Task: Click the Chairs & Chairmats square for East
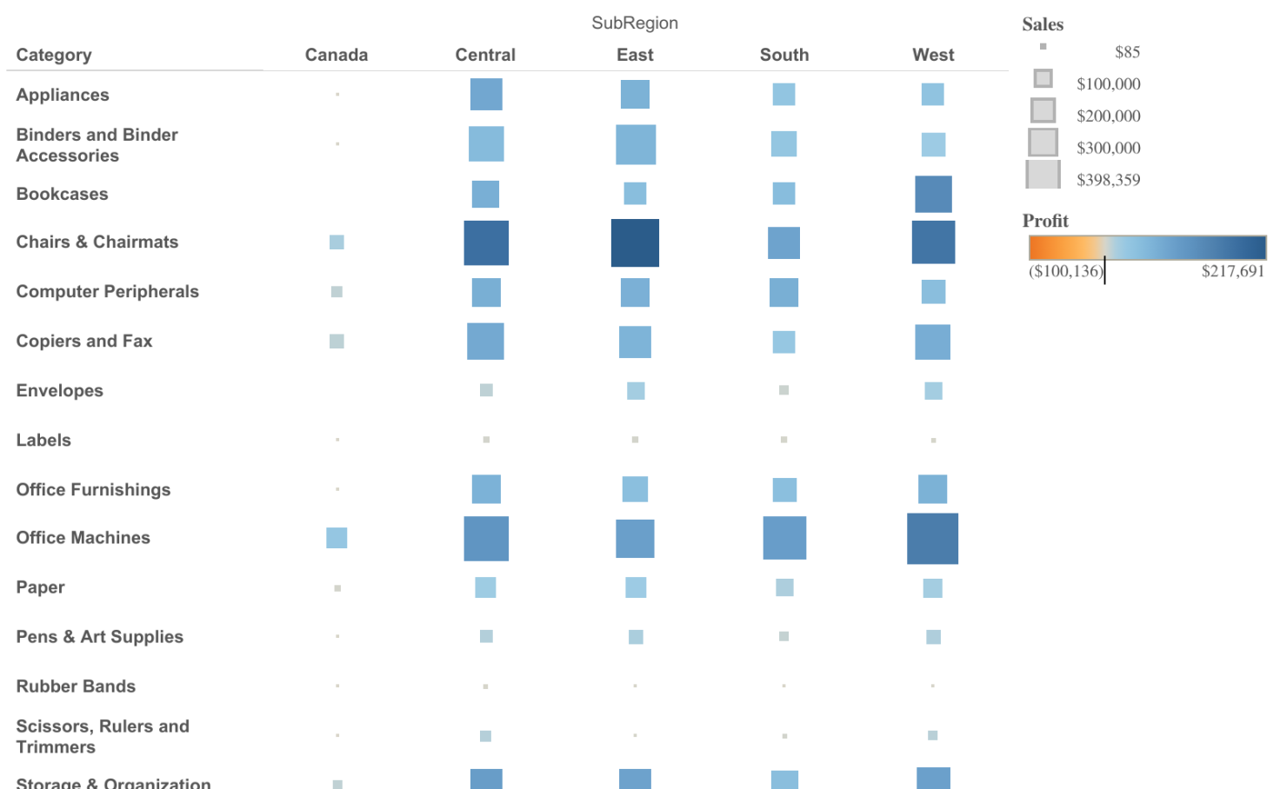coord(635,242)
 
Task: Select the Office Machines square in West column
coord(932,539)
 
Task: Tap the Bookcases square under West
coord(933,194)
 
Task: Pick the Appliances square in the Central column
coord(486,94)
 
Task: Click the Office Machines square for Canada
coord(337,538)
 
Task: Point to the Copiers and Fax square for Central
coord(485,341)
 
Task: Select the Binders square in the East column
coord(636,144)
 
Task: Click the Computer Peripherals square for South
coord(783,292)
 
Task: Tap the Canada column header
coord(337,55)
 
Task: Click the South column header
coord(784,55)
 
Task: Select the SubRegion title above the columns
coord(635,23)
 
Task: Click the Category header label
coord(54,55)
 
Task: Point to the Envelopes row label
coord(60,391)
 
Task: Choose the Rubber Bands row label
coord(76,686)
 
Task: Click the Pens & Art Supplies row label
coord(100,637)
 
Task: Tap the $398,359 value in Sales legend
coord(1108,180)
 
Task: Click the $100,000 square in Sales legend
coord(1043,79)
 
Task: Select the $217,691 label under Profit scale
coord(1232,271)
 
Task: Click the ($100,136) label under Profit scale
coord(1065,271)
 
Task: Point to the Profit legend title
coord(1045,221)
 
